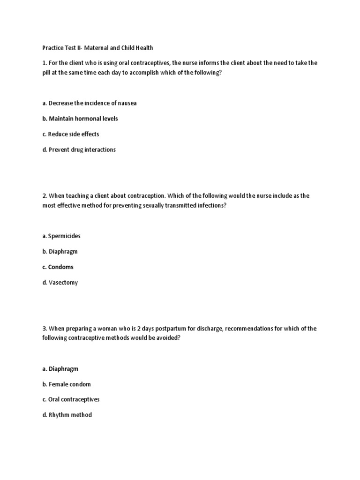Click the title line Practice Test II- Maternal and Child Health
[97, 48]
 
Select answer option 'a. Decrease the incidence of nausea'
[89, 103]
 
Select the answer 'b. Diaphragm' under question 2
[60, 251]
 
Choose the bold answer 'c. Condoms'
[58, 267]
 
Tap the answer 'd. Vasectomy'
[60, 283]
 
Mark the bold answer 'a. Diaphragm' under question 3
[60, 369]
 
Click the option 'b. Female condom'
[66, 384]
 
